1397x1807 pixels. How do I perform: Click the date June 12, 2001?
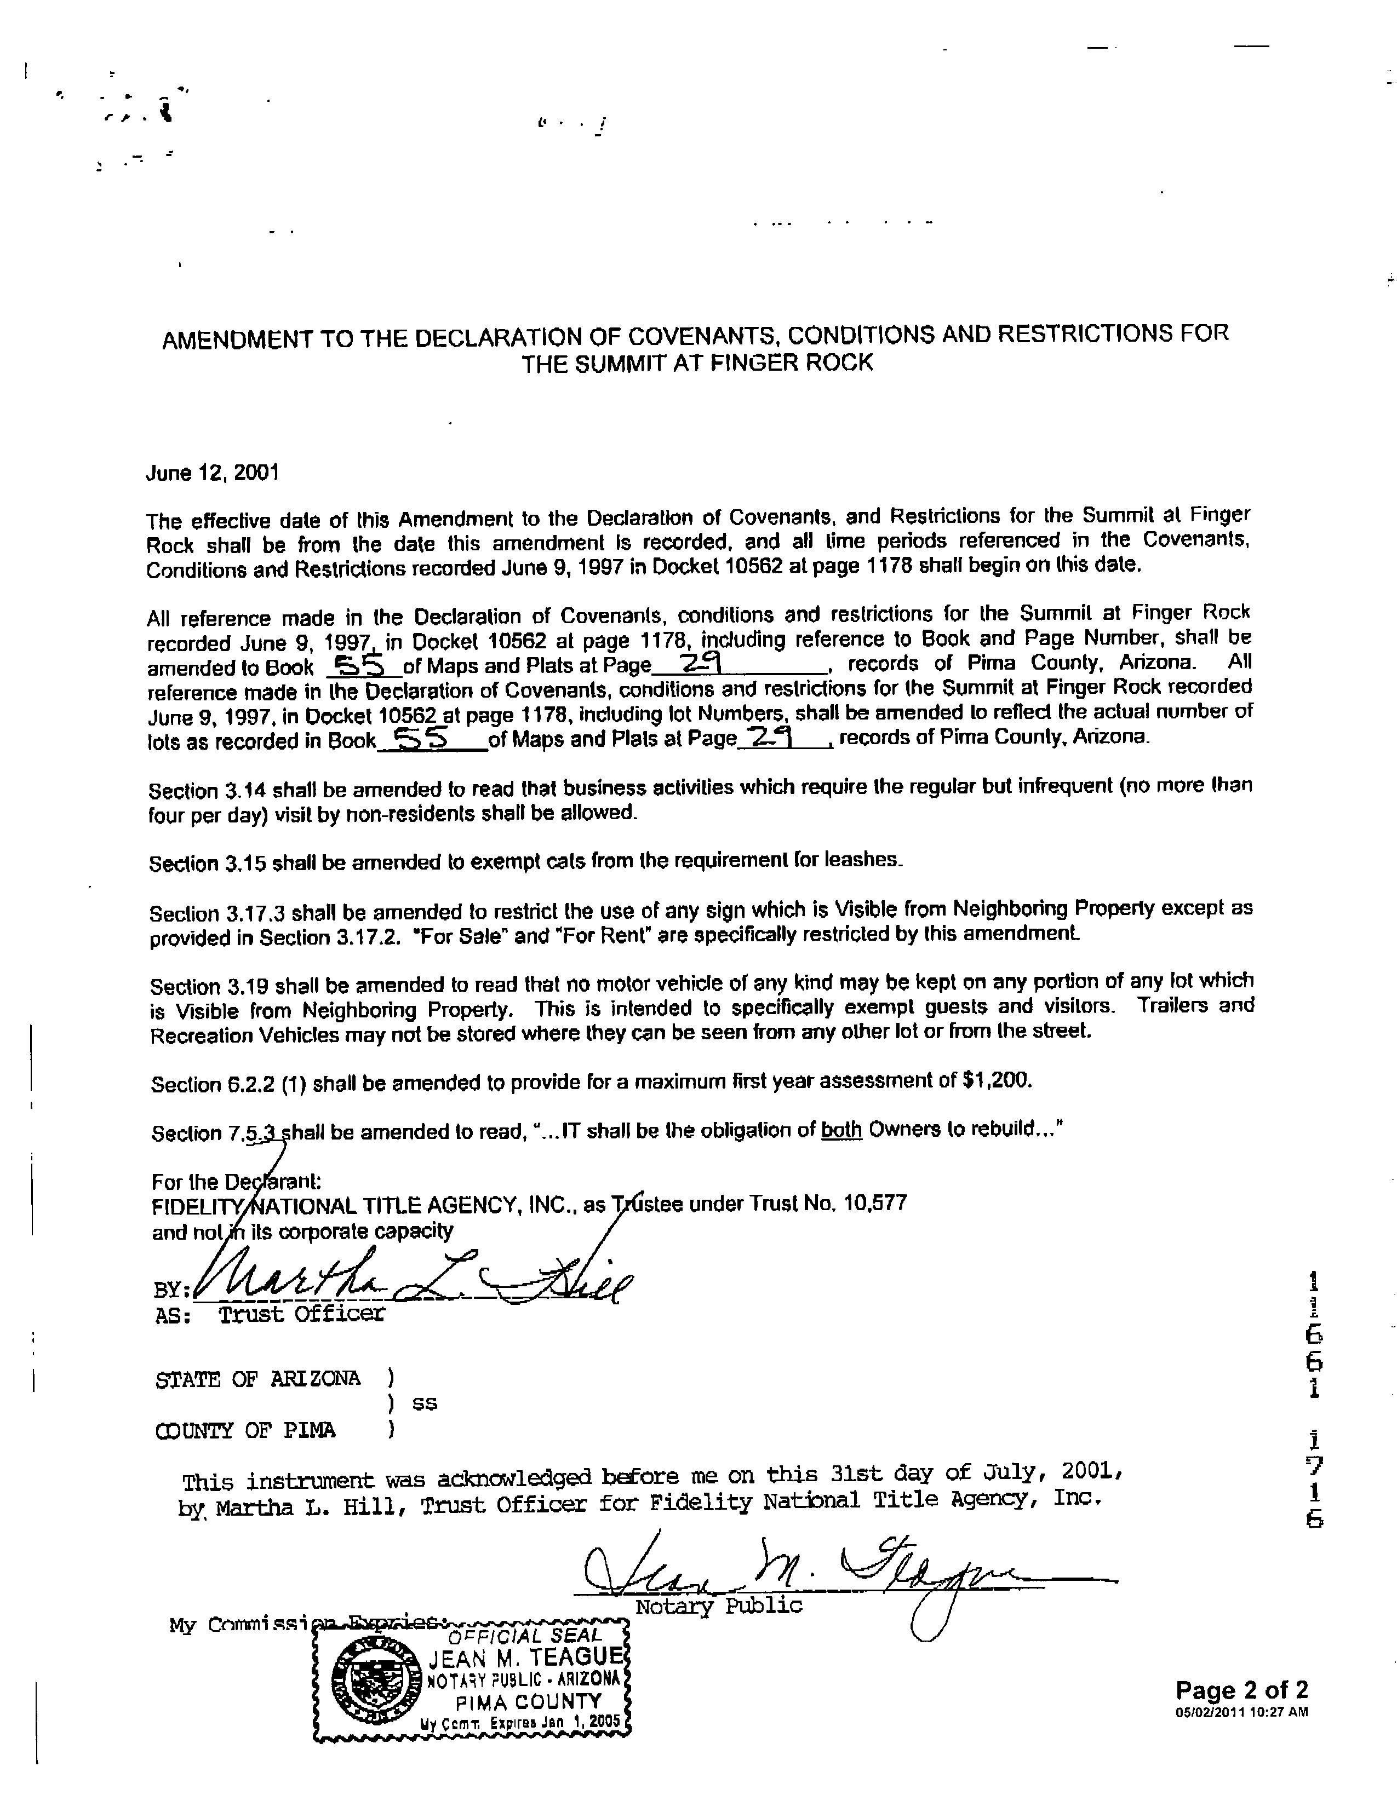click(x=212, y=473)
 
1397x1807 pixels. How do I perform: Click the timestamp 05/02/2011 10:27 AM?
click(x=1241, y=1712)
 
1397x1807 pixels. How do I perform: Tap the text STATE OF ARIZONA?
click(x=257, y=1379)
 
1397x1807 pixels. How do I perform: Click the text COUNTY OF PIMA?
click(x=246, y=1430)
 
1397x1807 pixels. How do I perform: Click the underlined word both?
click(x=841, y=1129)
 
